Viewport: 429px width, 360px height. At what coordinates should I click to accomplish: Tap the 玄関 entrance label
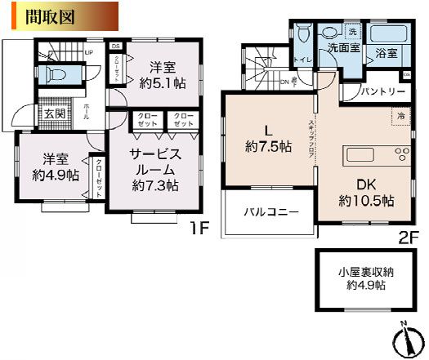(56, 113)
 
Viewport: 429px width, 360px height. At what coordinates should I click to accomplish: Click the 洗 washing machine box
(351, 31)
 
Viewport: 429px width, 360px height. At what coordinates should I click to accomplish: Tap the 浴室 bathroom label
(387, 55)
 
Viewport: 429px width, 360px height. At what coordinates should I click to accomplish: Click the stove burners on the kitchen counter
(401, 155)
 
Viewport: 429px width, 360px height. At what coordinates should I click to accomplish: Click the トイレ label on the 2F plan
(302, 60)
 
